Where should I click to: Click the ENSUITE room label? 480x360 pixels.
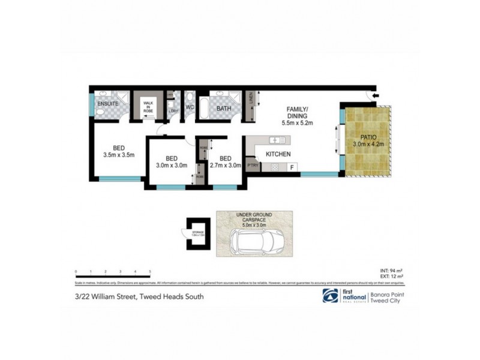click(109, 104)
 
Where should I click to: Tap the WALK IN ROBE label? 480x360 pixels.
click(149, 107)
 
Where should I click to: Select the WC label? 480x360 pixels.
click(190, 108)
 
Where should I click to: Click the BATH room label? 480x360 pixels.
click(224, 109)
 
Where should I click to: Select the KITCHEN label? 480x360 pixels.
click(278, 154)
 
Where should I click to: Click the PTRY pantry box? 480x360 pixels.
click(253, 164)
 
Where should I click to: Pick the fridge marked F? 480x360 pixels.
click(292, 167)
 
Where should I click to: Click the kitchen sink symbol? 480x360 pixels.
click(277, 140)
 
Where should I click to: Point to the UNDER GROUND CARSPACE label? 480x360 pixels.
click(254, 218)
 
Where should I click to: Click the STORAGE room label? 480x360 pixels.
click(198, 232)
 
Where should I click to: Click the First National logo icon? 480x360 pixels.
click(329, 295)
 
